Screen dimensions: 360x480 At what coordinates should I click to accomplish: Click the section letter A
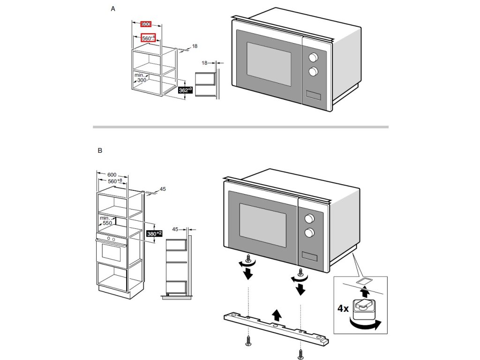pyautogui.click(x=113, y=9)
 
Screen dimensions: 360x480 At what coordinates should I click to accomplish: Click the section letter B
pyautogui.click(x=100, y=151)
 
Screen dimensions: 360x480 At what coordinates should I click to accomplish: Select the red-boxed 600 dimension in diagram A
pyautogui.click(x=146, y=24)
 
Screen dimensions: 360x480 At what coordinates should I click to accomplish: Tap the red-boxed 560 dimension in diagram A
pyautogui.click(x=148, y=38)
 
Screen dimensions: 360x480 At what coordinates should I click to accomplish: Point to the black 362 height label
pyautogui.click(x=186, y=90)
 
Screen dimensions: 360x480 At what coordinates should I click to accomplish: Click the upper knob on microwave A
pyautogui.click(x=313, y=57)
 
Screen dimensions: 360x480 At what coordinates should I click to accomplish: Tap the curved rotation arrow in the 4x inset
pyautogui.click(x=366, y=325)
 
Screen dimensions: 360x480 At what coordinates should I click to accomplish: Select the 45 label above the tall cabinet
pyautogui.click(x=163, y=189)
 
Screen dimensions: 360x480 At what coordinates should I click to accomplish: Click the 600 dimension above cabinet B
pyautogui.click(x=112, y=174)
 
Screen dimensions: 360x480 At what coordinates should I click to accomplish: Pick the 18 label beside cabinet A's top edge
pyautogui.click(x=195, y=46)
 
